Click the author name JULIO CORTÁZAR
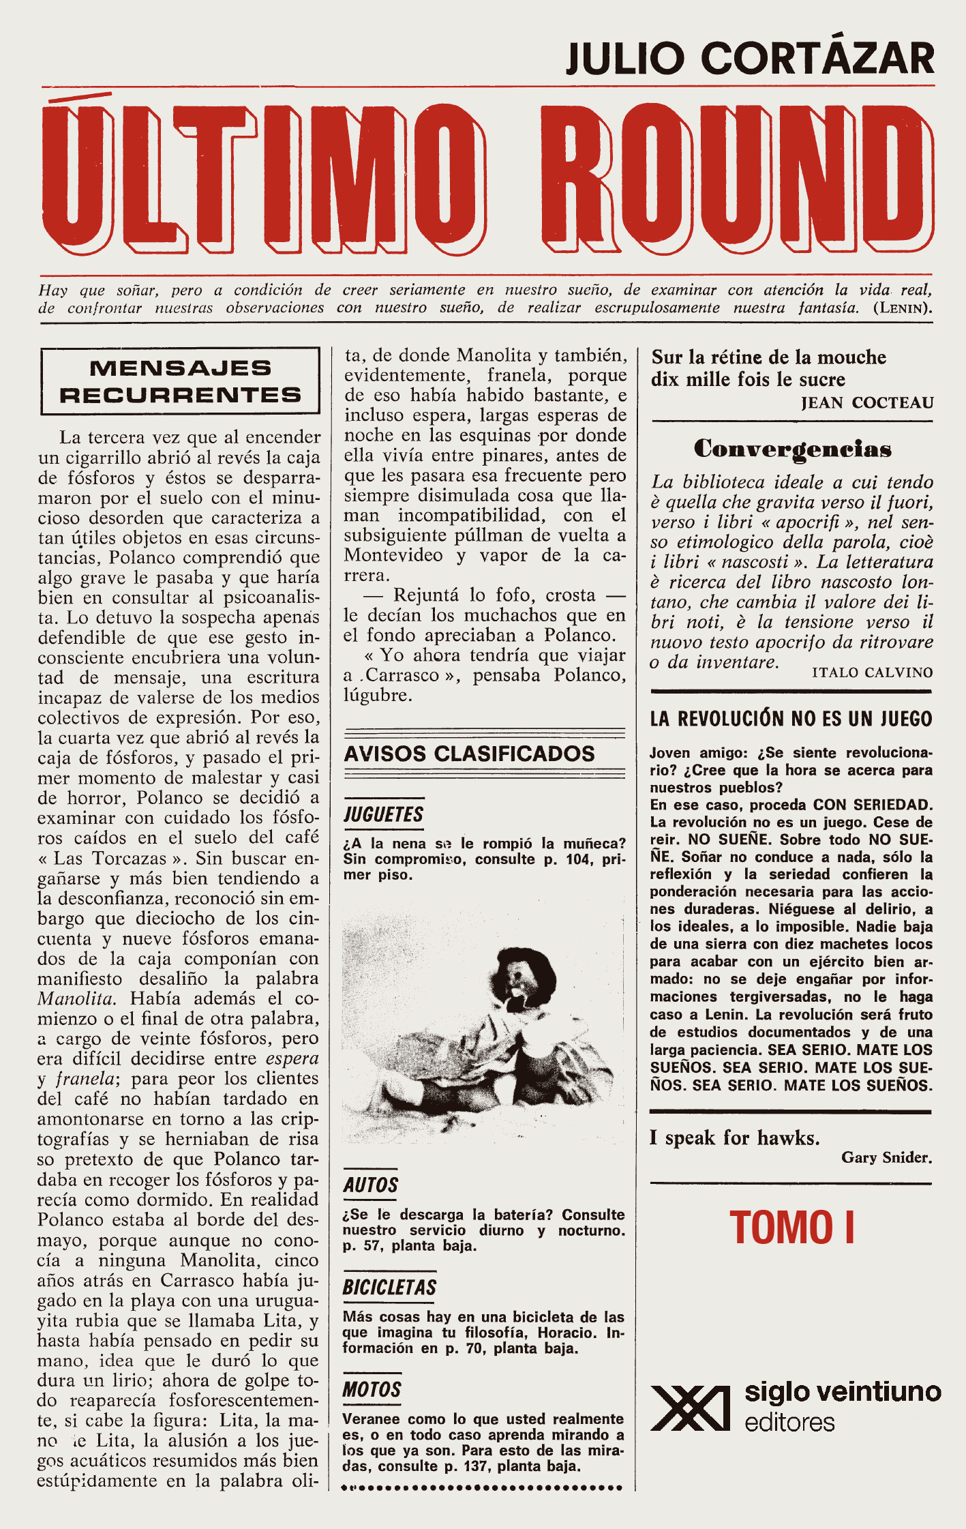(750, 59)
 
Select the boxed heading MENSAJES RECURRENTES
(180, 381)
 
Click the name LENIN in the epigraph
(902, 308)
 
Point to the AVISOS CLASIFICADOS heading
(469, 754)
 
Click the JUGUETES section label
(383, 814)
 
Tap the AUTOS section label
(370, 1185)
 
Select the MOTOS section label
(372, 1390)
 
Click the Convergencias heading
(792, 449)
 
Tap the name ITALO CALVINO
(872, 672)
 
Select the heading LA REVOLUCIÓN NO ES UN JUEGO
(791, 719)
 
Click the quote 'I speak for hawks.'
(734, 1138)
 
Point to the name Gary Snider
(886, 1157)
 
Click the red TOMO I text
(791, 1228)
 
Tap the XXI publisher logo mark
(690, 1408)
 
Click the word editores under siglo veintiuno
(789, 1423)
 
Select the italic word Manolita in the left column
(76, 999)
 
